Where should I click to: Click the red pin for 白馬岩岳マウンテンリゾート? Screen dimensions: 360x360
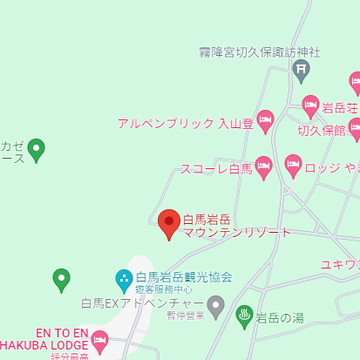click(x=169, y=223)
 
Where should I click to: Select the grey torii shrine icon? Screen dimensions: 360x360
click(x=302, y=70)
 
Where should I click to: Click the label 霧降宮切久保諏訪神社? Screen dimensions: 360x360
click(x=260, y=52)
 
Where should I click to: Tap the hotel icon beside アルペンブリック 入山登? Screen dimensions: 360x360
click(x=266, y=121)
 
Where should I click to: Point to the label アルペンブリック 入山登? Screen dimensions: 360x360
click(x=186, y=124)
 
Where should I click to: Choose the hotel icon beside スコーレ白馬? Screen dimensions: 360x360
click(x=264, y=167)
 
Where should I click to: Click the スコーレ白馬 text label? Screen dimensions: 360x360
click(x=216, y=169)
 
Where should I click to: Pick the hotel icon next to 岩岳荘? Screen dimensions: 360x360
click(x=311, y=106)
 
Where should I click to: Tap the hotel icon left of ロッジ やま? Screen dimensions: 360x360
click(x=293, y=165)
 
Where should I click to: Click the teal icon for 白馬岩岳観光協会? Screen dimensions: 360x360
click(x=125, y=280)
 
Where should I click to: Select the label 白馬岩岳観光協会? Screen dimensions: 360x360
click(x=184, y=277)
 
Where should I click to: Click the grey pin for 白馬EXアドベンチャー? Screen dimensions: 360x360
click(x=216, y=305)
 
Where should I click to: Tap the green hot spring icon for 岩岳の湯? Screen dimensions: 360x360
click(x=245, y=316)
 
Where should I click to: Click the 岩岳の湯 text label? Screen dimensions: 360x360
click(x=280, y=317)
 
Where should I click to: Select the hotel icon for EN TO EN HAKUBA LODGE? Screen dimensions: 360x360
click(x=98, y=341)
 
